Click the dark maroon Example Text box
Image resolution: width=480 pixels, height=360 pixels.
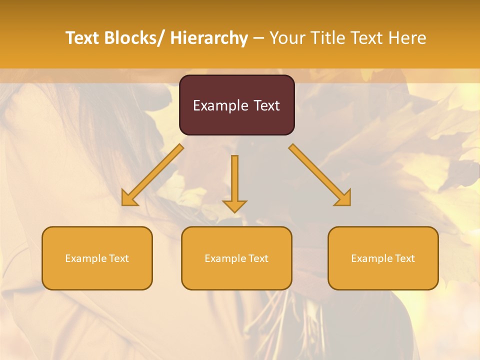point(236,105)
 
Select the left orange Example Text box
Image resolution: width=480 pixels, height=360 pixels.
point(97,258)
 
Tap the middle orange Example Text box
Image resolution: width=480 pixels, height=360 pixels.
point(236,258)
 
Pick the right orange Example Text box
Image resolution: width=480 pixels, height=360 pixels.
point(383,258)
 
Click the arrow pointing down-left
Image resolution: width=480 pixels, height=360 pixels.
point(152,175)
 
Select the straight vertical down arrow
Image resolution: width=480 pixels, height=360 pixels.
point(234,182)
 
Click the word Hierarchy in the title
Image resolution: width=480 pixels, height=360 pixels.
point(209,38)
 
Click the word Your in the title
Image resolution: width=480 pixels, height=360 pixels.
point(288,38)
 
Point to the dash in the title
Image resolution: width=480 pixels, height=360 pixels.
point(258,38)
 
